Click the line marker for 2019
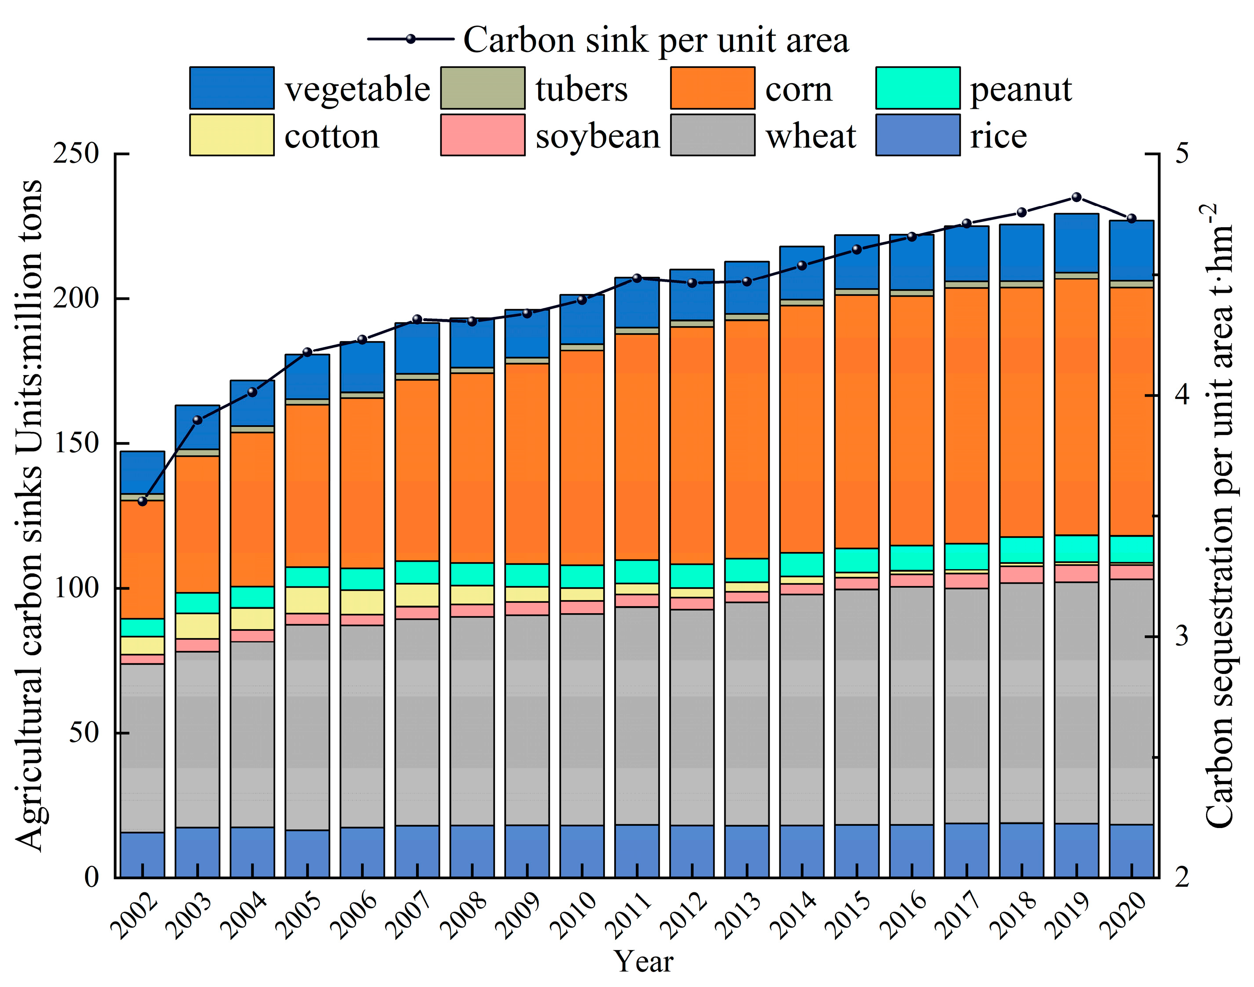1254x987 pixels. coord(1076,197)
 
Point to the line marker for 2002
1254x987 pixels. coord(143,501)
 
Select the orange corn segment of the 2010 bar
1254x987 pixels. coord(582,457)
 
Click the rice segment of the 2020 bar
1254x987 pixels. coord(1131,850)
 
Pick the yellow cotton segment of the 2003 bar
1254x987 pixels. coord(198,626)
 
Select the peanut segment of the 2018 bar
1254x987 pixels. coord(1021,549)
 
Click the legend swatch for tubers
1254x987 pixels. coord(483,88)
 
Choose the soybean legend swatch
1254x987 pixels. coord(483,135)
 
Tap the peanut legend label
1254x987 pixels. coord(1021,89)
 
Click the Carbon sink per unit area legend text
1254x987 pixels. coord(656,40)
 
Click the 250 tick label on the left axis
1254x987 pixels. coord(76,154)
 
